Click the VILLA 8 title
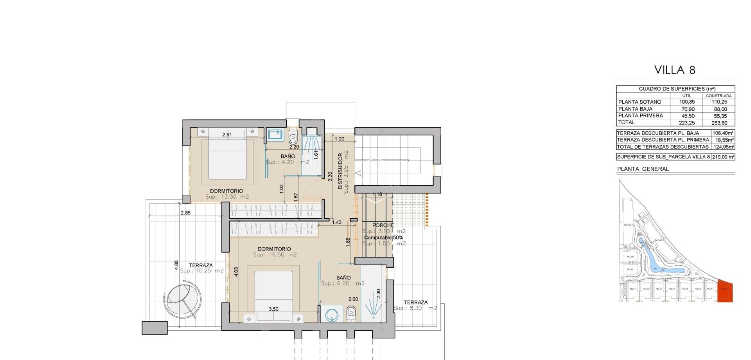[x=675, y=70]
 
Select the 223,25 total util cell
[x=686, y=123]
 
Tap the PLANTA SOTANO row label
[x=640, y=102]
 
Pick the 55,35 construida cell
[x=719, y=116]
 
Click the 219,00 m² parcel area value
[x=723, y=157]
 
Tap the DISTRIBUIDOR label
[x=340, y=171]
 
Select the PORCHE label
[x=383, y=225]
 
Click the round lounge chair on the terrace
[x=183, y=300]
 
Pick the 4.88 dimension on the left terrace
[x=176, y=265]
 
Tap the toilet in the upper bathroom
[x=293, y=137]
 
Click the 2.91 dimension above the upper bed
[x=227, y=135]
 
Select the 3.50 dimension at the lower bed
[x=273, y=309]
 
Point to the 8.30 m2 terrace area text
[x=415, y=308]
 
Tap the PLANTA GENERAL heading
[x=643, y=169]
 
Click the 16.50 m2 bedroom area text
[x=275, y=255]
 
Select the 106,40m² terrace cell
[x=723, y=133]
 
